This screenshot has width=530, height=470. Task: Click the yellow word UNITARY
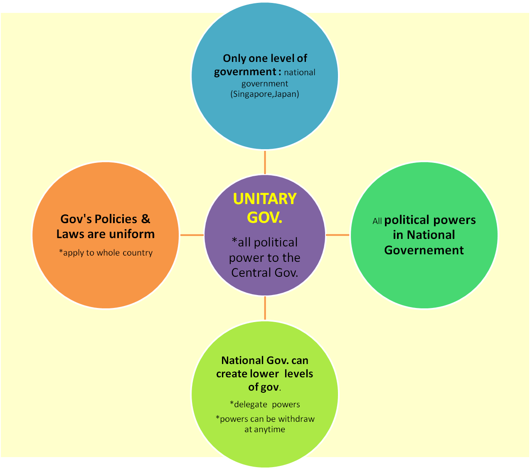pos(264,199)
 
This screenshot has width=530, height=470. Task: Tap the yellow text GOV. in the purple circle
pos(264,218)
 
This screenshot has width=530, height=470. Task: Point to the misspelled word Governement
pos(424,250)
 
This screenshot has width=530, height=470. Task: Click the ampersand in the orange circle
pos(146,219)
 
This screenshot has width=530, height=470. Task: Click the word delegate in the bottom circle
pos(250,404)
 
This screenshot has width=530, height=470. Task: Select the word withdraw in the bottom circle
pos(296,419)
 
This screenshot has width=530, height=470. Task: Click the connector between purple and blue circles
pos(265,162)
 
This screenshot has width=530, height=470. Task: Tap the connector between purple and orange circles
pos(192,235)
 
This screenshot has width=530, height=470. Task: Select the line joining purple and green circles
pos(337,235)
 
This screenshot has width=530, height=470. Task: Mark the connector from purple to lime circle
pos(265,308)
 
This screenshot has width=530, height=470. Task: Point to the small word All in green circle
pos(377,221)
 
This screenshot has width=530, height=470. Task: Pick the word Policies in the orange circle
pos(116,219)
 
